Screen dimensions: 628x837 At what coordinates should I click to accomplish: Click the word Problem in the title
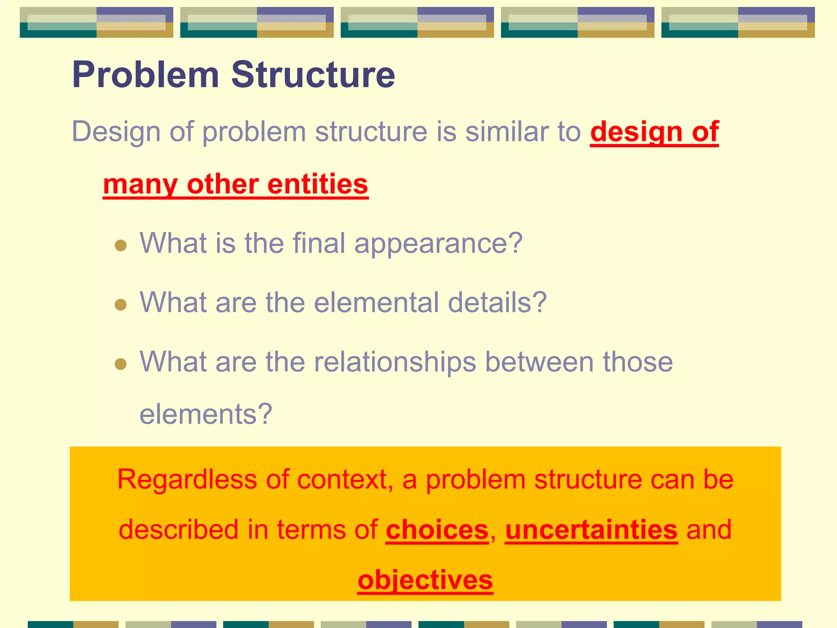click(x=145, y=75)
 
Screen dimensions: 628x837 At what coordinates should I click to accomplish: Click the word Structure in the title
click(x=313, y=75)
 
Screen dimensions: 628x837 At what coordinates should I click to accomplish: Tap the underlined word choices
click(x=437, y=530)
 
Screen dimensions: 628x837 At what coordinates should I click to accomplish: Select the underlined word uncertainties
click(x=591, y=530)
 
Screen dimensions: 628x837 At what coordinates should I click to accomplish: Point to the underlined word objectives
click(x=425, y=580)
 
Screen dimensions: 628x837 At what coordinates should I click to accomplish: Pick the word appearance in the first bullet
click(x=438, y=243)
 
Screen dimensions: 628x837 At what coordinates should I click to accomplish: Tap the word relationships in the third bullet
click(x=395, y=362)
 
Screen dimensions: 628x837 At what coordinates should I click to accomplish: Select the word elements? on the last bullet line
click(x=206, y=414)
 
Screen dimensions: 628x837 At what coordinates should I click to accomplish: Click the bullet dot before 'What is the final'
click(x=121, y=245)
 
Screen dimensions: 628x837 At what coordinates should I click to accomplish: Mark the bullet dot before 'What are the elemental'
click(x=121, y=305)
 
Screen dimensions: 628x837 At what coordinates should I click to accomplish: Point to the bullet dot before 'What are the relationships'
click(x=121, y=364)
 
